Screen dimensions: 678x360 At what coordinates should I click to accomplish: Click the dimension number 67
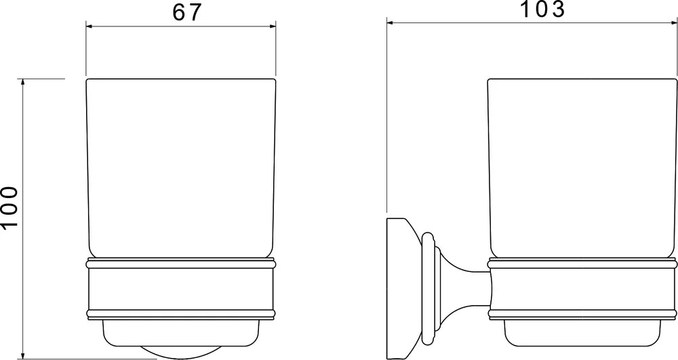pos(187,12)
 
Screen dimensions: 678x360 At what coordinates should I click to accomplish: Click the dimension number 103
pos(542,9)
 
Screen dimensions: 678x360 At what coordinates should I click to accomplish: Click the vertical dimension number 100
pos(9,207)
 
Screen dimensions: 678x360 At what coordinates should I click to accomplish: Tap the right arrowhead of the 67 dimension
pos(273,26)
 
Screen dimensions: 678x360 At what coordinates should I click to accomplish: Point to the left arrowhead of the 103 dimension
pos(390,22)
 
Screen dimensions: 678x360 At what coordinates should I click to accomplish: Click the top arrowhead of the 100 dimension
pos(23,82)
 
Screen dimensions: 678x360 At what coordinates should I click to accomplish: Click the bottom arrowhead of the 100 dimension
pos(23,355)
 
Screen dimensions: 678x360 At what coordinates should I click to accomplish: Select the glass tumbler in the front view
pos(181,168)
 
